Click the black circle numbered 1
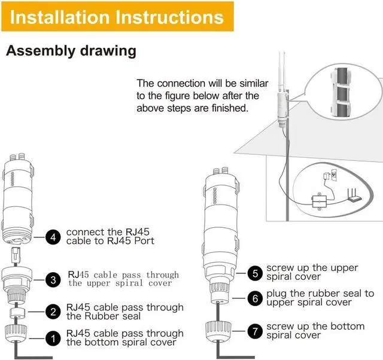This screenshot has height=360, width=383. point(53,338)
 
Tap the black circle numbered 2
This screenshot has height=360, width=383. point(53,312)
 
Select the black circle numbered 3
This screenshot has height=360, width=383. point(53,280)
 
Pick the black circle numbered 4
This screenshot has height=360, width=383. point(53,237)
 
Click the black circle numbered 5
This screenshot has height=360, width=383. point(255,273)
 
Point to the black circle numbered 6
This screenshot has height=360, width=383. point(255,298)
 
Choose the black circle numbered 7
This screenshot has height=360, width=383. point(255,331)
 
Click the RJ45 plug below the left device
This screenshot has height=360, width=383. point(16,255)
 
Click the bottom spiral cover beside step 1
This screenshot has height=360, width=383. point(16,334)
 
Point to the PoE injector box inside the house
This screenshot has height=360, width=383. point(319,201)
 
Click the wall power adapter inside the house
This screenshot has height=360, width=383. point(327,176)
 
